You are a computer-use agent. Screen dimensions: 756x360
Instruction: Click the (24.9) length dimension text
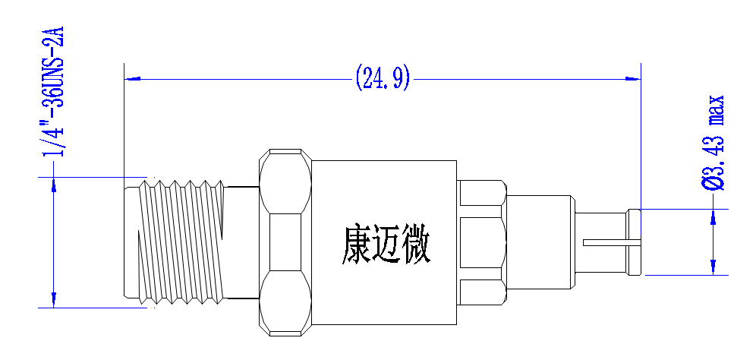point(383,78)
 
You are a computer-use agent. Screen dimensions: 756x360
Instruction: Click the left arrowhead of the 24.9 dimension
point(133,78)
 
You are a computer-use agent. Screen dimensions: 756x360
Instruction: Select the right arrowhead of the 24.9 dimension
point(632,78)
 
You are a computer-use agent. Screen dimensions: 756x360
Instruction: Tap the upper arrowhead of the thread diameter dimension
point(54,185)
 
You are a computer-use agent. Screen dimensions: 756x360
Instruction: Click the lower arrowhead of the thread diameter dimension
point(54,299)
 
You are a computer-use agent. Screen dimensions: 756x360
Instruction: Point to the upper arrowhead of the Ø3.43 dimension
point(713,217)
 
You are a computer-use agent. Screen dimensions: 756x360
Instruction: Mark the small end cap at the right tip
point(634,242)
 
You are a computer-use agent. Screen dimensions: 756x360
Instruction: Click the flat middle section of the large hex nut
point(285,242)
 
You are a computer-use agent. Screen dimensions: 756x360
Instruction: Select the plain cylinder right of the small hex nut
point(540,242)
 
